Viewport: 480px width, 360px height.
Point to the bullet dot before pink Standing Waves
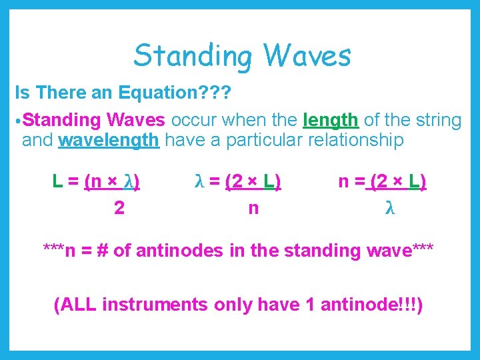coord(19,121)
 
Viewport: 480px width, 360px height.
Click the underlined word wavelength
coord(109,140)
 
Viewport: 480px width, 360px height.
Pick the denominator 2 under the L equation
coord(119,208)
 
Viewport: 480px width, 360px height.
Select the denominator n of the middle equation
coord(253,208)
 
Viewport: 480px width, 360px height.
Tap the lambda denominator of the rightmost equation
coord(391,208)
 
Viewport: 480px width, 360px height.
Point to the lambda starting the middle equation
coord(199,181)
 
